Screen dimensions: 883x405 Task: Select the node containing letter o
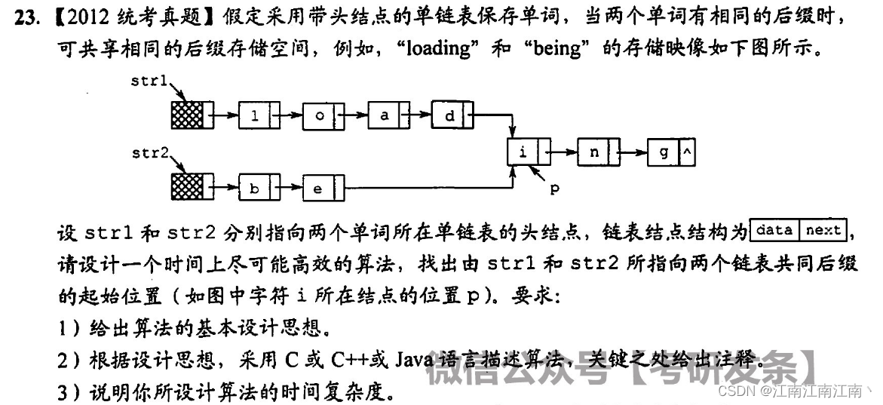(323, 116)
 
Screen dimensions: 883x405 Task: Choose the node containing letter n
(598, 152)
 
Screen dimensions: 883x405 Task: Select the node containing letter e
(323, 188)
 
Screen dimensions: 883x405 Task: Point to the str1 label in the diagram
(149, 80)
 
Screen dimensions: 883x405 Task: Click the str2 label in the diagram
(150, 153)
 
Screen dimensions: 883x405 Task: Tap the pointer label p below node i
(554, 189)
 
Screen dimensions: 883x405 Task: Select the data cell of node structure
(774, 229)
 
